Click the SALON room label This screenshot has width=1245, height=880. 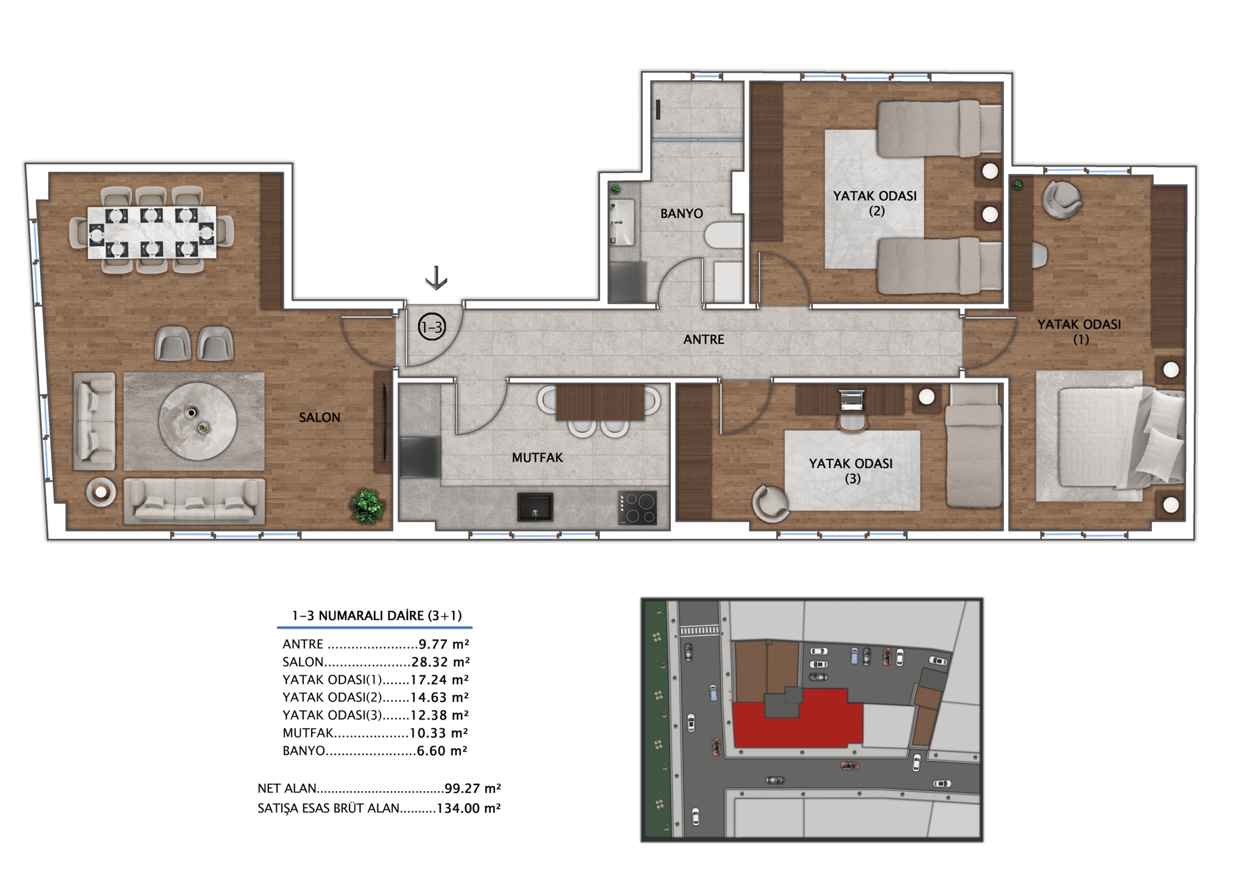coord(319,417)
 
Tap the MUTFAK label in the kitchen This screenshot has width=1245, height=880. coord(537,457)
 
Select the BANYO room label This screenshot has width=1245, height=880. coord(681,213)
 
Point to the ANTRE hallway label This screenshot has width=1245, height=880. coord(703,339)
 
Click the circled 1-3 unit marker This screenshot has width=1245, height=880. coord(432,327)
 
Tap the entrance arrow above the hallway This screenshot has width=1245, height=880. coord(436,278)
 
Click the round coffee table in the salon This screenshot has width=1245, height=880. coord(197,421)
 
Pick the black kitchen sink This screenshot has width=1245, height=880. coord(535,507)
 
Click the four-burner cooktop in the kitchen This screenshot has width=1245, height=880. coord(637,508)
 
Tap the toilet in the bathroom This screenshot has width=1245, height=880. coord(723,235)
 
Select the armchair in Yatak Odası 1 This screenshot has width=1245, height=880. coord(1062,199)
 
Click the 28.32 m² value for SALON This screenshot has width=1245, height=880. coord(440,662)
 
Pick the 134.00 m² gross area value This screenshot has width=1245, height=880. coord(468,808)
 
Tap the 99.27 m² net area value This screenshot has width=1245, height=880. coord(472,788)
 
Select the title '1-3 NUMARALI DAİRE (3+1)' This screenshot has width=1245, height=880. coord(377,615)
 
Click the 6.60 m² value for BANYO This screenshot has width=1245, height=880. coord(442,751)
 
